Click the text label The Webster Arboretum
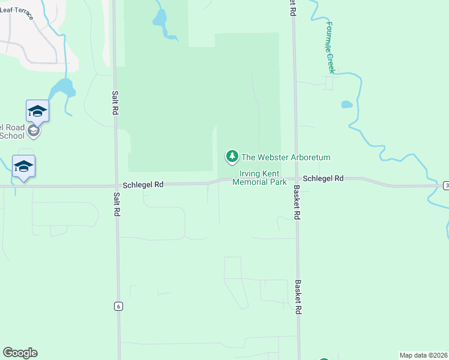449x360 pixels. [x=286, y=158]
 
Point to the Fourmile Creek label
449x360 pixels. [x=330, y=47]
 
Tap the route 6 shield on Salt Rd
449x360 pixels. [x=118, y=306]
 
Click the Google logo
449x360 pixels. [x=20, y=353]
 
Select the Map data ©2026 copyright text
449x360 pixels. [x=423, y=355]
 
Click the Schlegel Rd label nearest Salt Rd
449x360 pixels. [x=143, y=185]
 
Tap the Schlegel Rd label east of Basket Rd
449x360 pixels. [x=323, y=179]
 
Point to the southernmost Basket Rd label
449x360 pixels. [x=297, y=296]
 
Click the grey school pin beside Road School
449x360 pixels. [x=34, y=131]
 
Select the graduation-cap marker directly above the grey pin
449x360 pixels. [x=37, y=111]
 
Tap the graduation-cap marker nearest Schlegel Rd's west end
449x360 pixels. [x=23, y=166]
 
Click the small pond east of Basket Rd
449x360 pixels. [x=346, y=104]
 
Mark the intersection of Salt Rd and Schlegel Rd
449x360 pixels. [x=115, y=185]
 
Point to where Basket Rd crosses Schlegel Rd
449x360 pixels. [x=295, y=179]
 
